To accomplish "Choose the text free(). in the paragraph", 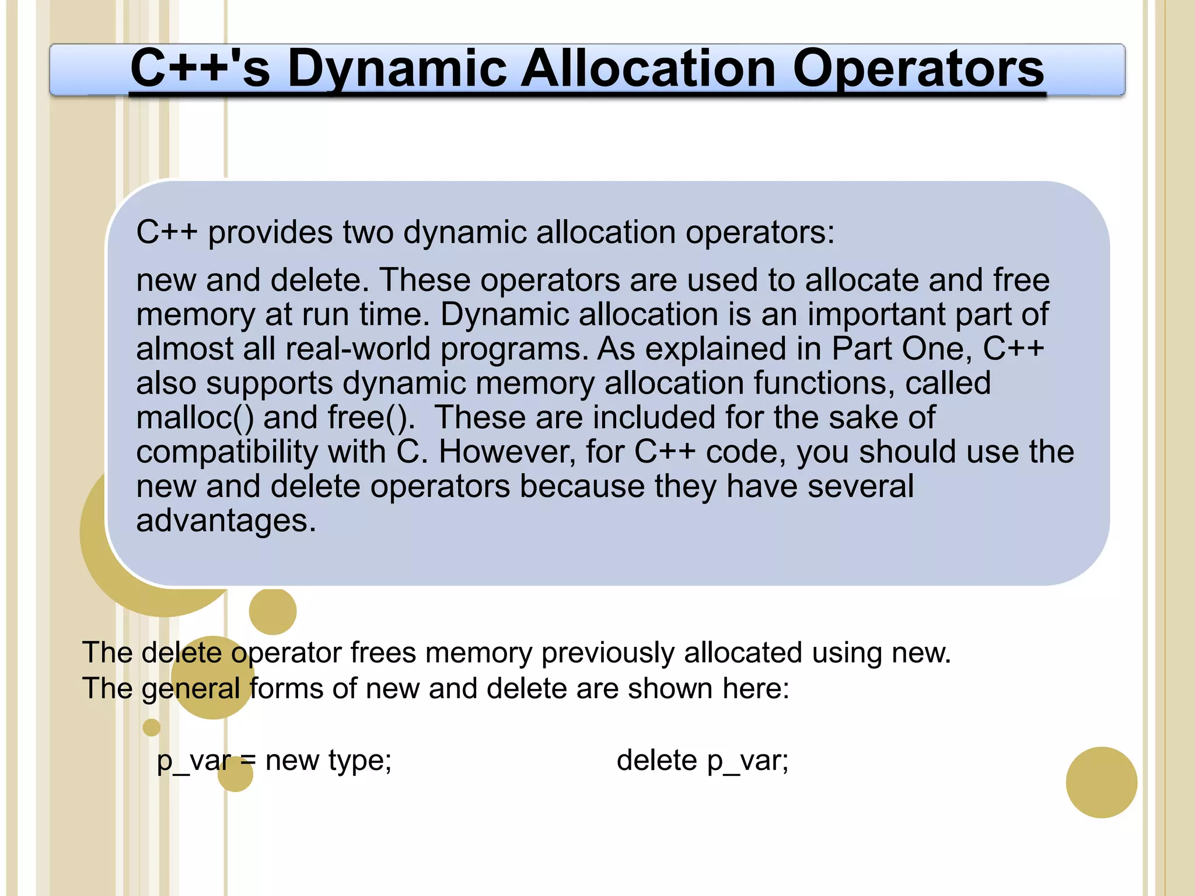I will [x=371, y=418].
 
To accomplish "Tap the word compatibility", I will [x=226, y=452].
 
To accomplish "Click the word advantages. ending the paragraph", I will [x=226, y=520].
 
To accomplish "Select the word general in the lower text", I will [x=190, y=688].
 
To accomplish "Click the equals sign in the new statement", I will [x=248, y=761].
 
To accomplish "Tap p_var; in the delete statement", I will [x=747, y=761].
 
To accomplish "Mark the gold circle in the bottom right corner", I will [x=1101, y=782].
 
